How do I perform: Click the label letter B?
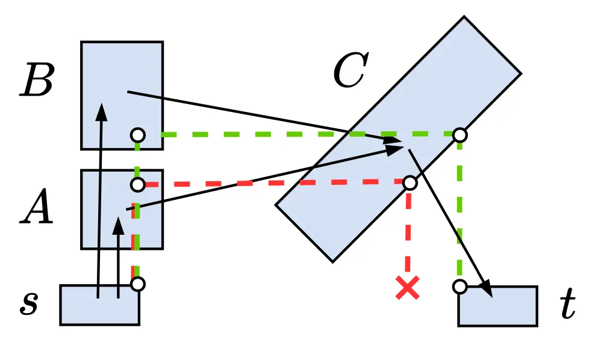37,82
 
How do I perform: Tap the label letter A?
37,211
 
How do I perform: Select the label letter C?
349,71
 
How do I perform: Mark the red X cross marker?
408,288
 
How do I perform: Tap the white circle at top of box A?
138,184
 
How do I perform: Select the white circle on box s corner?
138,284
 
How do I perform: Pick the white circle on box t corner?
460,287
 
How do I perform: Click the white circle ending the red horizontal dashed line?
410,182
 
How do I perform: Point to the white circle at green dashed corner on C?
460,135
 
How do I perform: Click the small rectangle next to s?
99,305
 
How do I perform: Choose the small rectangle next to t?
497,306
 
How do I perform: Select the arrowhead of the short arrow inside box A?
119,226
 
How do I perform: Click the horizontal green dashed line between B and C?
253,134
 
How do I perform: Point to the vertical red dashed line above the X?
408,232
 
